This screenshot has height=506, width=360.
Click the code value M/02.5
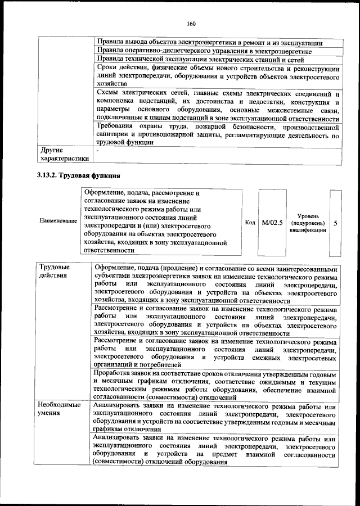pyautogui.click(x=272, y=223)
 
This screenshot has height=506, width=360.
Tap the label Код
pyautogui.click(x=250, y=223)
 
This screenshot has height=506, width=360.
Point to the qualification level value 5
pyautogui.click(x=335, y=223)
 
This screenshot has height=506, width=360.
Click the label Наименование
pyautogui.click(x=58, y=220)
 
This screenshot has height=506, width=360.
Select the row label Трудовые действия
pyautogui.click(x=55, y=271)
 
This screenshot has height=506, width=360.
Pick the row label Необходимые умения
pyautogui.click(x=59, y=409)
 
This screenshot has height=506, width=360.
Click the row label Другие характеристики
pyautogui.click(x=63, y=155)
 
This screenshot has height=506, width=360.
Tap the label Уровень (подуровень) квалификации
pyautogui.click(x=308, y=223)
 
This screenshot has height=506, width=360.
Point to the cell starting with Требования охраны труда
pyautogui.click(x=217, y=135)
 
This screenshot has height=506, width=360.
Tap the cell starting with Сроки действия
pyautogui.click(x=217, y=75)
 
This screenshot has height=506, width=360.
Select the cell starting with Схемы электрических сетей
pyautogui.click(x=217, y=105)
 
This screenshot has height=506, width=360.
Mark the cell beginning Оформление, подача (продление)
pyautogui.click(x=217, y=284)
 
